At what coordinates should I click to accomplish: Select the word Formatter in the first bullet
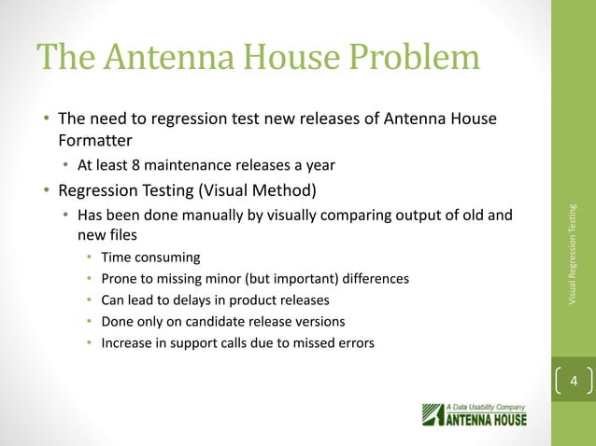coord(92,141)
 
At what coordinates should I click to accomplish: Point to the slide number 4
coord(574,383)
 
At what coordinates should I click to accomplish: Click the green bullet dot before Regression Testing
coord(45,192)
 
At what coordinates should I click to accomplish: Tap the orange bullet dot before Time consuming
coord(89,258)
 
